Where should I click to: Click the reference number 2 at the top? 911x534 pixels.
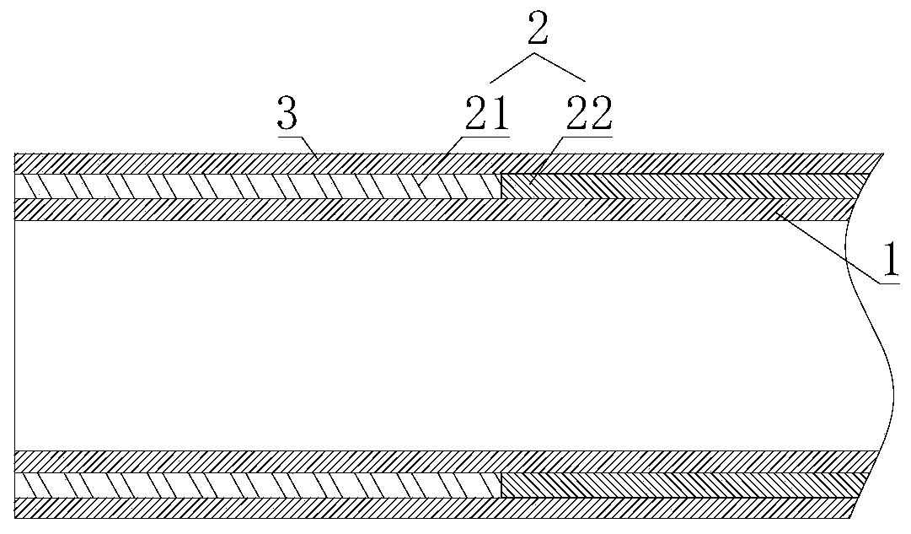click(x=538, y=30)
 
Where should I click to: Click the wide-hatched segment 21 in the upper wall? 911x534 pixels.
click(x=253, y=185)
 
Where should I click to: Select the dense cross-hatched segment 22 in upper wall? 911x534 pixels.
click(x=674, y=185)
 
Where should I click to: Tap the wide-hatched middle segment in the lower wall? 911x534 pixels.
click(x=253, y=484)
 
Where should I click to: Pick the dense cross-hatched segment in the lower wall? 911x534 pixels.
click(x=674, y=484)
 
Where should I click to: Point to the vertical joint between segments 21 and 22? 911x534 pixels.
click(x=501, y=186)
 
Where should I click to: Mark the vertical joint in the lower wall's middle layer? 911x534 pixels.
click(x=501, y=484)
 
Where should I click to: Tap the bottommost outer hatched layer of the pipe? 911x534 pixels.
click(x=421, y=508)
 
